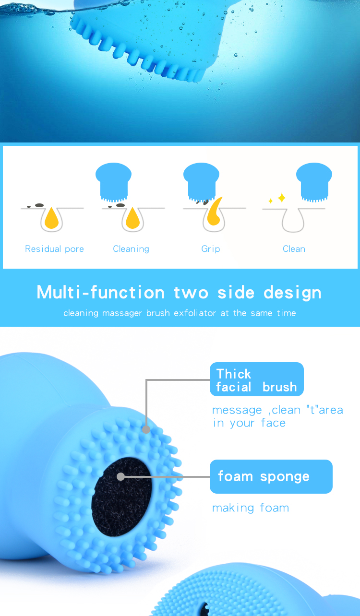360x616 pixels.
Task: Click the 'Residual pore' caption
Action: (x=54, y=249)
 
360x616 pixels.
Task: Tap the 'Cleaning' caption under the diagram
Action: (x=131, y=249)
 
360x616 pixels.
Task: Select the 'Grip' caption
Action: (x=211, y=249)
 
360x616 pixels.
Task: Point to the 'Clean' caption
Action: (x=294, y=249)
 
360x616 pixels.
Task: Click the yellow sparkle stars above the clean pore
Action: (x=279, y=198)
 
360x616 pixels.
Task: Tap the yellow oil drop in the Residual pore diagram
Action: (x=51, y=219)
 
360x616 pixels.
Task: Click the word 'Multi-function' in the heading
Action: (x=100, y=292)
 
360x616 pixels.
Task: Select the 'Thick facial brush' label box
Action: (x=256, y=379)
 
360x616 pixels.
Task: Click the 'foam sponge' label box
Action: (x=271, y=476)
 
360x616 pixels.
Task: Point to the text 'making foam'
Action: (x=251, y=508)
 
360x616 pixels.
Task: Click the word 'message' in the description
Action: (x=237, y=410)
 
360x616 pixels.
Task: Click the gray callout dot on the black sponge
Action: (x=121, y=476)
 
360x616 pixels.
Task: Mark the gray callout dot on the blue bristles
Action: (x=146, y=429)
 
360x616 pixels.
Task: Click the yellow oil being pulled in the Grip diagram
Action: (x=214, y=213)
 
